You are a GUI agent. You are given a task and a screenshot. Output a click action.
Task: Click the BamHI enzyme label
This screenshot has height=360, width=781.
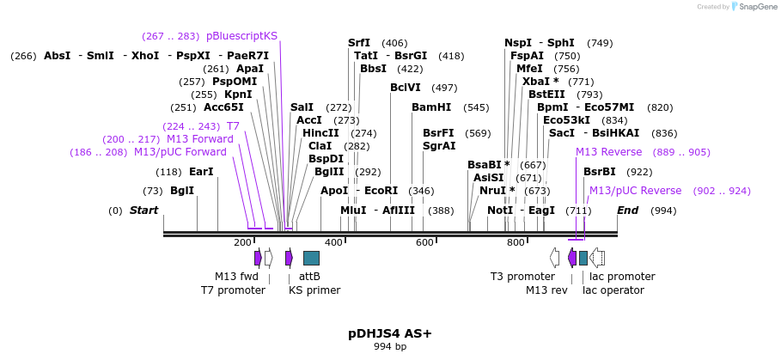tap(430, 107)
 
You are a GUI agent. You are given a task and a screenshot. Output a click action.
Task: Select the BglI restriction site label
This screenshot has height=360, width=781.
tap(181, 191)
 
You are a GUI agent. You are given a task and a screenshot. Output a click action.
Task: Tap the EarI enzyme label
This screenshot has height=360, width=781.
tap(201, 172)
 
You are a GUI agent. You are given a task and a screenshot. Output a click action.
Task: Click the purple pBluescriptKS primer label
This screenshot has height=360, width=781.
tap(241, 36)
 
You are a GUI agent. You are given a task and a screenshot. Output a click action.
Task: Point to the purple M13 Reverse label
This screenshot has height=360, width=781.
tap(608, 152)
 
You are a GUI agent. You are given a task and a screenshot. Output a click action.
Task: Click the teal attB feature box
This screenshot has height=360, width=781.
tap(311, 258)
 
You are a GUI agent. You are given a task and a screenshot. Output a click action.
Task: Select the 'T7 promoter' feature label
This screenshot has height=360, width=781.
tap(233, 290)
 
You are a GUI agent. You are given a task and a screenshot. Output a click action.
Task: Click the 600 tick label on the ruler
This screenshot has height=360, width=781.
tap(424, 243)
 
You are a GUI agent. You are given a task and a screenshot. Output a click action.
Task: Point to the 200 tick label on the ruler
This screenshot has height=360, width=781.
tap(242, 243)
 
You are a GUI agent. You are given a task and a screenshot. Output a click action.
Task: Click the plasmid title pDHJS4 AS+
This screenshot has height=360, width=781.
tap(390, 333)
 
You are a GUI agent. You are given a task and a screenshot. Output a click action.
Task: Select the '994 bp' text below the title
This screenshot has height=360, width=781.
tap(390, 346)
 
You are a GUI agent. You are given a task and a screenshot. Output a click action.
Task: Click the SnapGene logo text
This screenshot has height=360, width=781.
tap(758, 7)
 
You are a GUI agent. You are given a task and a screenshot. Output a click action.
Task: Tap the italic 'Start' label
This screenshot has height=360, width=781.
tap(143, 211)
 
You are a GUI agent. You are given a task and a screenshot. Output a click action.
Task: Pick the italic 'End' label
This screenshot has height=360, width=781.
tap(628, 211)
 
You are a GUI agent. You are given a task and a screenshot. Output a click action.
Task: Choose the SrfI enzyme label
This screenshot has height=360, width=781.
tap(359, 43)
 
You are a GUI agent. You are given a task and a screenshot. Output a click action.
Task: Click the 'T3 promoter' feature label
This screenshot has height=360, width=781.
tap(522, 277)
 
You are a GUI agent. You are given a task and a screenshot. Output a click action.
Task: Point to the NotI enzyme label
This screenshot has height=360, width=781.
tap(500, 211)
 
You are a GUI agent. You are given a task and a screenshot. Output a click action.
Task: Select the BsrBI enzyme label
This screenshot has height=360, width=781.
tap(600, 172)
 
